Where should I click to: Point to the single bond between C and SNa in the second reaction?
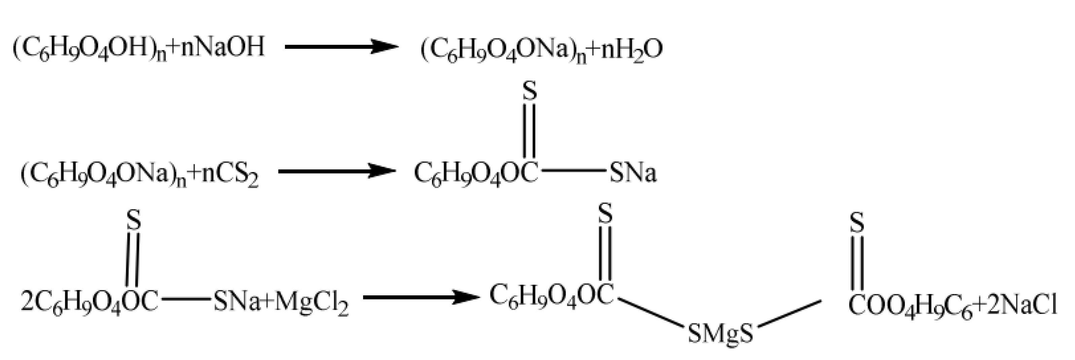pyautogui.click(x=572, y=170)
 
